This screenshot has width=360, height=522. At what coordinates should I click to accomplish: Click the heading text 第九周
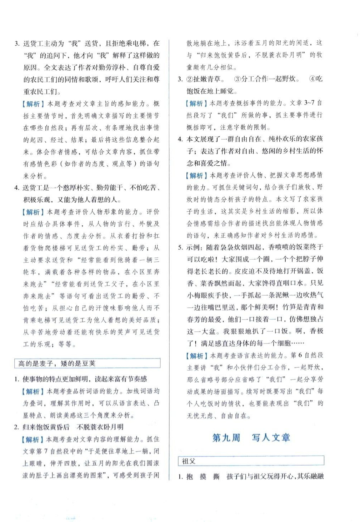pos(226,438)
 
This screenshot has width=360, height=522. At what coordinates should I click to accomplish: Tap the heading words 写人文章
pos(271,438)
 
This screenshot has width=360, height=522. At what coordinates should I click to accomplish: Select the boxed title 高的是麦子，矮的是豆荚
pos(57,363)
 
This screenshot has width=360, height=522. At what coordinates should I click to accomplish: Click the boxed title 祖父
pos(189,461)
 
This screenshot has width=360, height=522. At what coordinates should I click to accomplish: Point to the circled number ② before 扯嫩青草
pos(190,79)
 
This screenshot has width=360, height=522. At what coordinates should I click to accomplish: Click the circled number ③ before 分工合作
pos(237,79)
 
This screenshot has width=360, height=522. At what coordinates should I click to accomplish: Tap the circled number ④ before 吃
pos(312,79)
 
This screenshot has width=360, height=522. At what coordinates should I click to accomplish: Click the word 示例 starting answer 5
pos(194,247)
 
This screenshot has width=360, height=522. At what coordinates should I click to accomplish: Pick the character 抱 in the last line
pos(190,477)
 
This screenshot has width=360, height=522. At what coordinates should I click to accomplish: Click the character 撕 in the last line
pos(216,477)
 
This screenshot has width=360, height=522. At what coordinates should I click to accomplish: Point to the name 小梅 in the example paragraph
pos(194,295)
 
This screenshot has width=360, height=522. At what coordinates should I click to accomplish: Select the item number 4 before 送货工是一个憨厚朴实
pos(16,188)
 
